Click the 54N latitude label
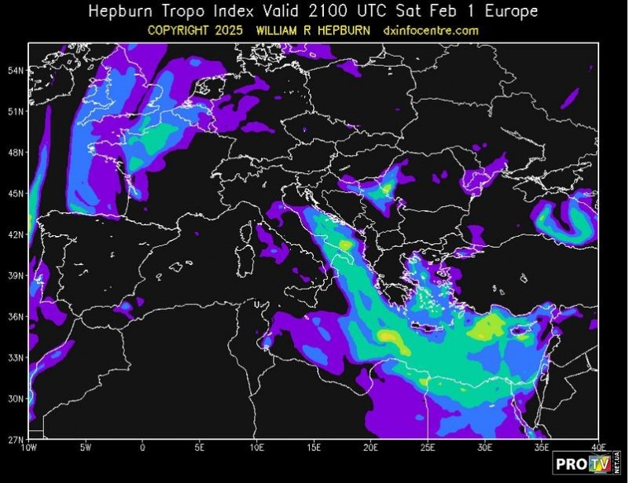(16, 71)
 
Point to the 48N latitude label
(16, 153)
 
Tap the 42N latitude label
(16, 234)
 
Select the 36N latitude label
(16, 316)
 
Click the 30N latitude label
(16, 398)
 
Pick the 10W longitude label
(30, 448)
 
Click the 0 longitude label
(142, 448)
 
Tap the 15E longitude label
(313, 448)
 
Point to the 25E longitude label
(427, 448)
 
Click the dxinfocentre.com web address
(431, 31)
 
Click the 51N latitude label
(16, 112)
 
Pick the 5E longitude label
(199, 448)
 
